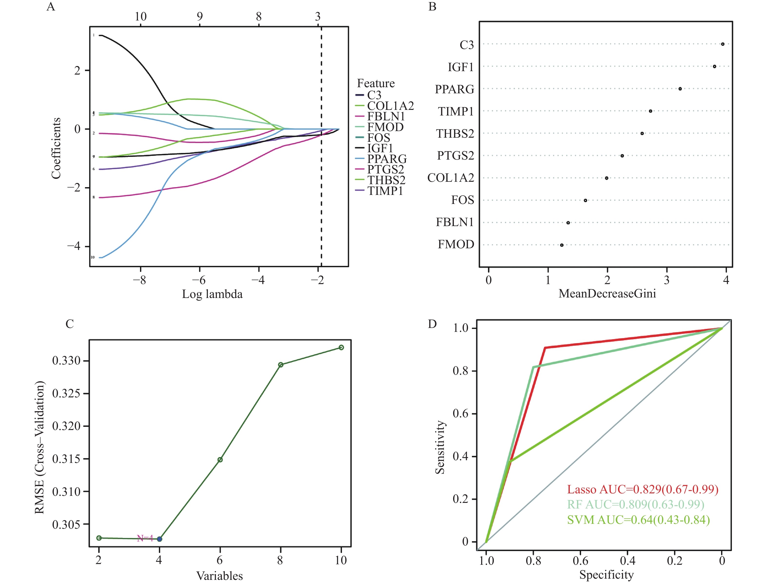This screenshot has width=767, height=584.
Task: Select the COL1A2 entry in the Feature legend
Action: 390,106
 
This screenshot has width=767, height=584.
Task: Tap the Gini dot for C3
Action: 722,44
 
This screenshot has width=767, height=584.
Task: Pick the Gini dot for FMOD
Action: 562,245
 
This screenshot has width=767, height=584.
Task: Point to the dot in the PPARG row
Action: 680,89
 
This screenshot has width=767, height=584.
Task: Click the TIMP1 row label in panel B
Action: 455,111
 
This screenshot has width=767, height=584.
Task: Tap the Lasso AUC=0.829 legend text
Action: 643,489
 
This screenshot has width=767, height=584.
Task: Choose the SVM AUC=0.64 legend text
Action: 638,520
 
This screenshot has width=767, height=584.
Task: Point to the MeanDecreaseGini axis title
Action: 607,294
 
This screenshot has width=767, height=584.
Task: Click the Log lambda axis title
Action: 212,294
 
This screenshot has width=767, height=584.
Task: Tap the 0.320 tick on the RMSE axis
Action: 66,426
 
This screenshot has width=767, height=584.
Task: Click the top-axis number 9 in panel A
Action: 200,16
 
